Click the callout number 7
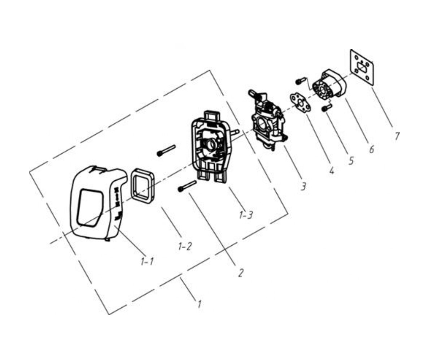tap(397, 136)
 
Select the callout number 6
tap(372, 149)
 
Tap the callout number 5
tap(351, 160)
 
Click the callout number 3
tap(303, 186)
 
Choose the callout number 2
tap(240, 273)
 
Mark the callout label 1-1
tap(147, 262)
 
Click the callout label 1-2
tap(185, 246)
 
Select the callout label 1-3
tap(246, 215)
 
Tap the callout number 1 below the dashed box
tap(199, 304)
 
